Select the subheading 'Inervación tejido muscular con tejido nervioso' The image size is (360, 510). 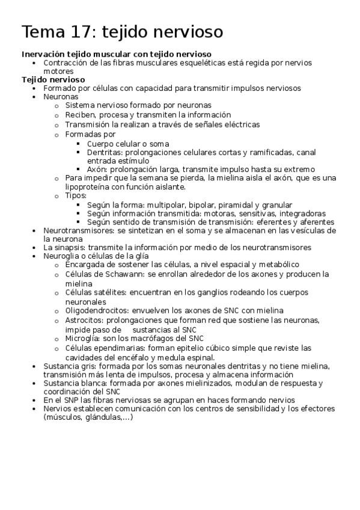pos(116,54)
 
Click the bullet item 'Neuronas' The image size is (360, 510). pos(61,96)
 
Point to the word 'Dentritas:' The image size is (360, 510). pos(106,153)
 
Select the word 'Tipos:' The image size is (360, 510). pos(76,195)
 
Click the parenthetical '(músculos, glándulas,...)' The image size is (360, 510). pos(88,418)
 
